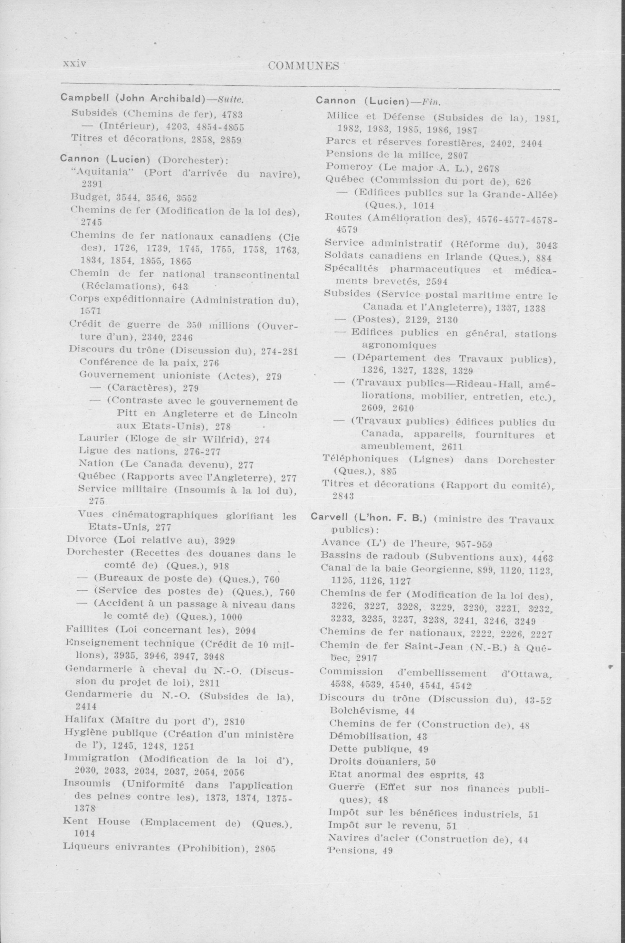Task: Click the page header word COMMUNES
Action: tap(303, 66)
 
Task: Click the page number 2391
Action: tap(92, 184)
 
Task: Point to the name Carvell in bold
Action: tap(330, 519)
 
